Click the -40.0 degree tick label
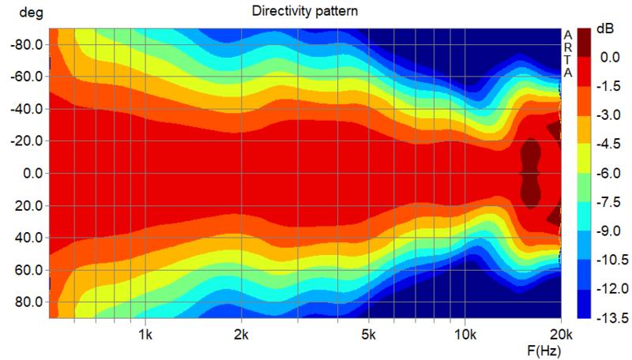26,109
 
